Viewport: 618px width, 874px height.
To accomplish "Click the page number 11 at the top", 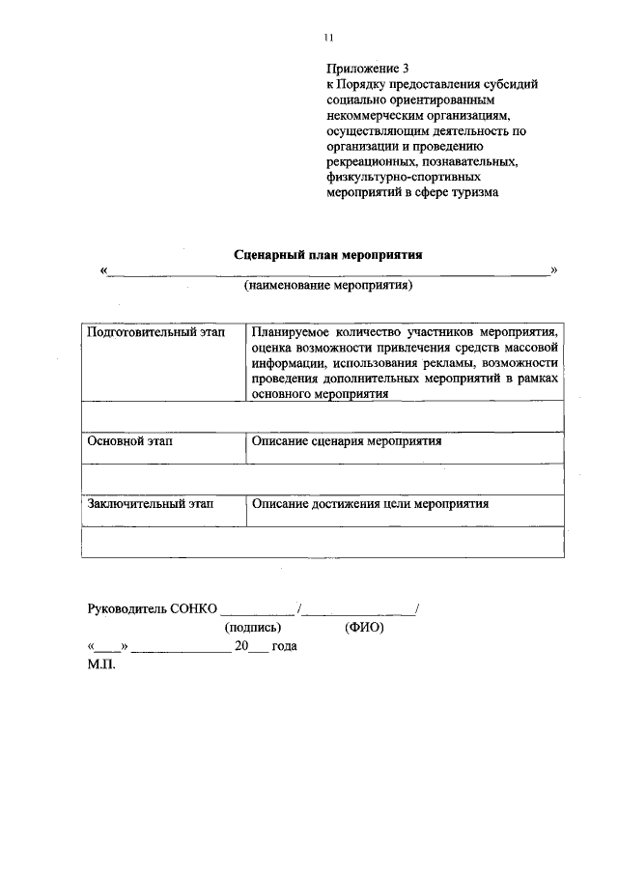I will [x=327, y=38].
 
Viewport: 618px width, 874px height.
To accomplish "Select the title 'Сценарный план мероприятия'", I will [x=328, y=254].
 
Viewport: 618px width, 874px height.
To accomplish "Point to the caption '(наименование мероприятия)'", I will [x=328, y=286].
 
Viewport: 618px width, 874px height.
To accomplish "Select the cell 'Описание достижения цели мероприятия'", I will [x=370, y=503].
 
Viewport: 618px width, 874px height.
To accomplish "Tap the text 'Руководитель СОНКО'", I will [x=152, y=608].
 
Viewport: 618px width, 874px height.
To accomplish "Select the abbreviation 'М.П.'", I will [x=100, y=665].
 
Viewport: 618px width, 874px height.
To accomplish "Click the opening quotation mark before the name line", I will [x=102, y=271].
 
